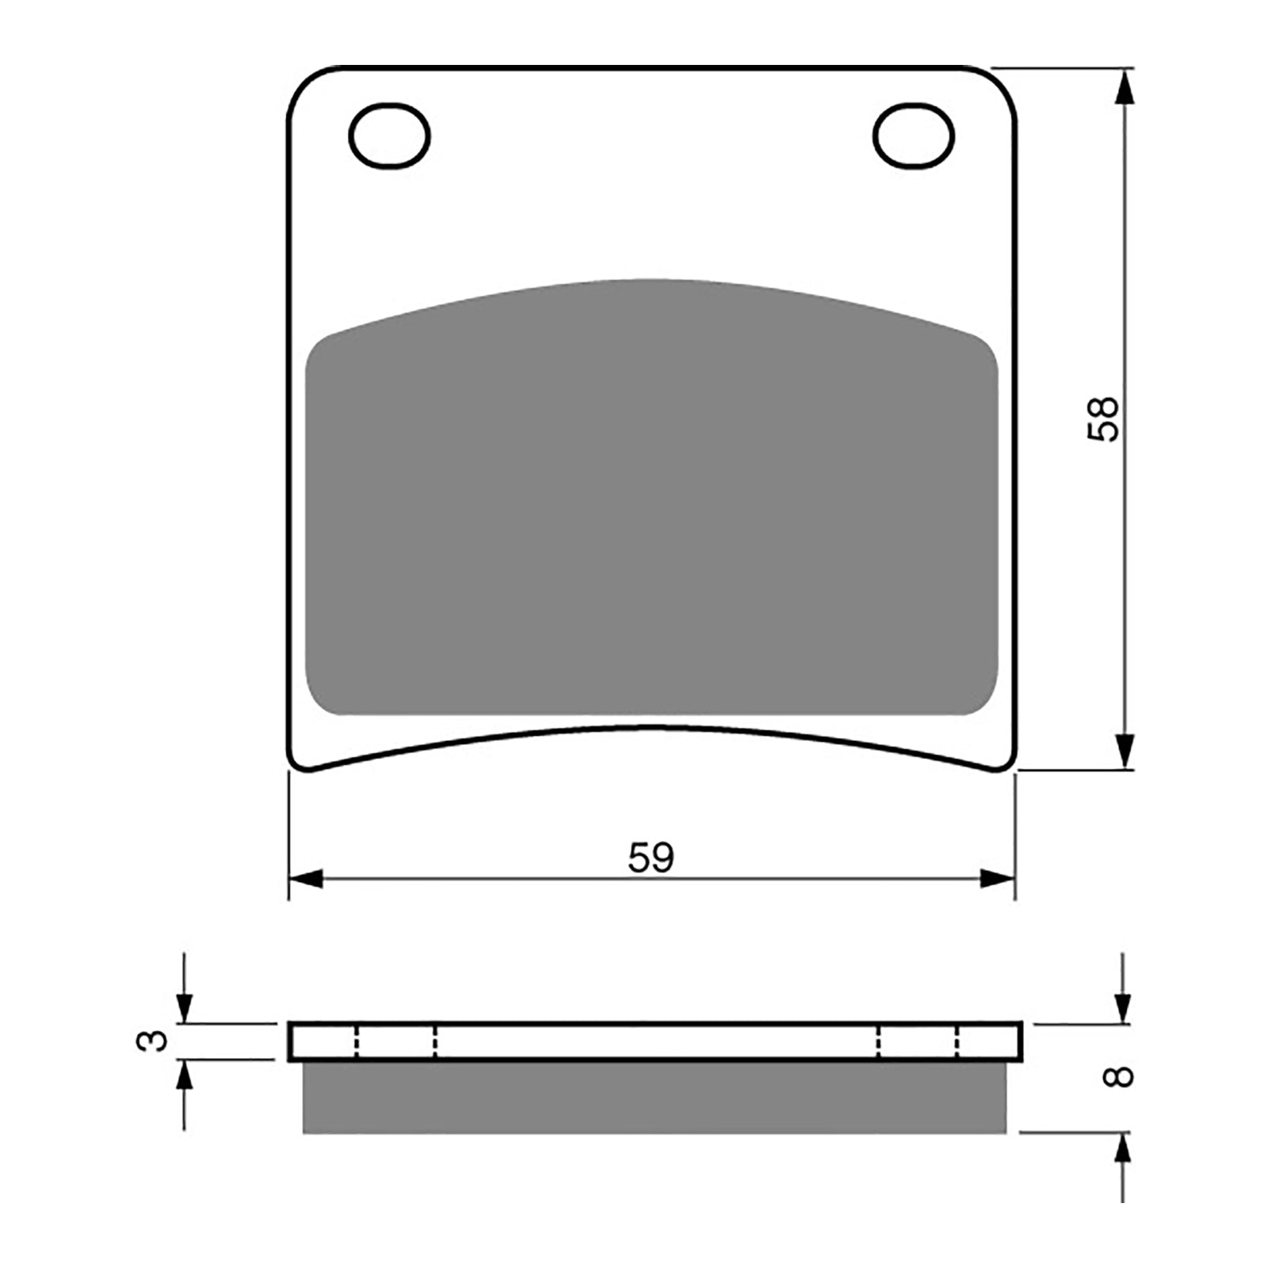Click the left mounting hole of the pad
tap(389, 136)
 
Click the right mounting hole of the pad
tap(913, 136)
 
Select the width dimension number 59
tap(651, 857)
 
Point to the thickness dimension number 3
tap(153, 1040)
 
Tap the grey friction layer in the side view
tap(654, 1097)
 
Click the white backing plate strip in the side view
tap(654, 1041)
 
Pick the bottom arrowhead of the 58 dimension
tap(1123, 751)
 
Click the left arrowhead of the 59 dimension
tap(307, 879)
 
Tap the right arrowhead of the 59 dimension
tap(997, 879)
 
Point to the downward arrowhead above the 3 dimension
tap(184, 1008)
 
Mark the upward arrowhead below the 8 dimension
tap(1123, 1149)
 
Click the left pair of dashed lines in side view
tap(395, 1041)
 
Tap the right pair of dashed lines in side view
tap(918, 1041)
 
